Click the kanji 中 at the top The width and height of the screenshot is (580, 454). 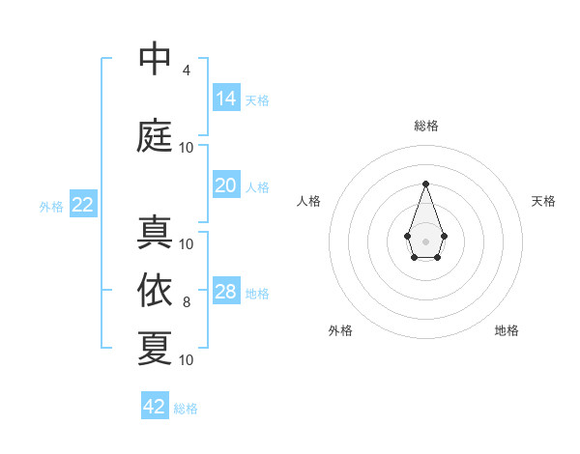pos(155,59)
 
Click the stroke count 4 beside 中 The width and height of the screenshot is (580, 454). pos(186,71)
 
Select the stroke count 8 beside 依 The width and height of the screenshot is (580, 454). pos(186,302)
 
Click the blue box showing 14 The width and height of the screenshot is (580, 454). pos(225,99)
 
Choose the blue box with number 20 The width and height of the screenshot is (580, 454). pos(225,185)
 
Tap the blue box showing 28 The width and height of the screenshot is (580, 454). pos(225,292)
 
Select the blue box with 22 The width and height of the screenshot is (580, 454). pos(82,205)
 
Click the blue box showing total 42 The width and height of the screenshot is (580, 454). pos(155,407)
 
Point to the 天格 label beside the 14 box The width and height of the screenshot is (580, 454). pos(257,100)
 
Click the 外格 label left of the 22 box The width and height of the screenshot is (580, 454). pos(51,207)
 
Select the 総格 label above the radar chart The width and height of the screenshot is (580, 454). pos(425,126)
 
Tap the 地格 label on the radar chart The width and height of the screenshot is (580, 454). pos(507,330)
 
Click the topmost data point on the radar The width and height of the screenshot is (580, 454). pos(425,183)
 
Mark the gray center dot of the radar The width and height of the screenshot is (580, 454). pos(425,241)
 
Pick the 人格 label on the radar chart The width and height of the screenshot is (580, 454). pos(308,201)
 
